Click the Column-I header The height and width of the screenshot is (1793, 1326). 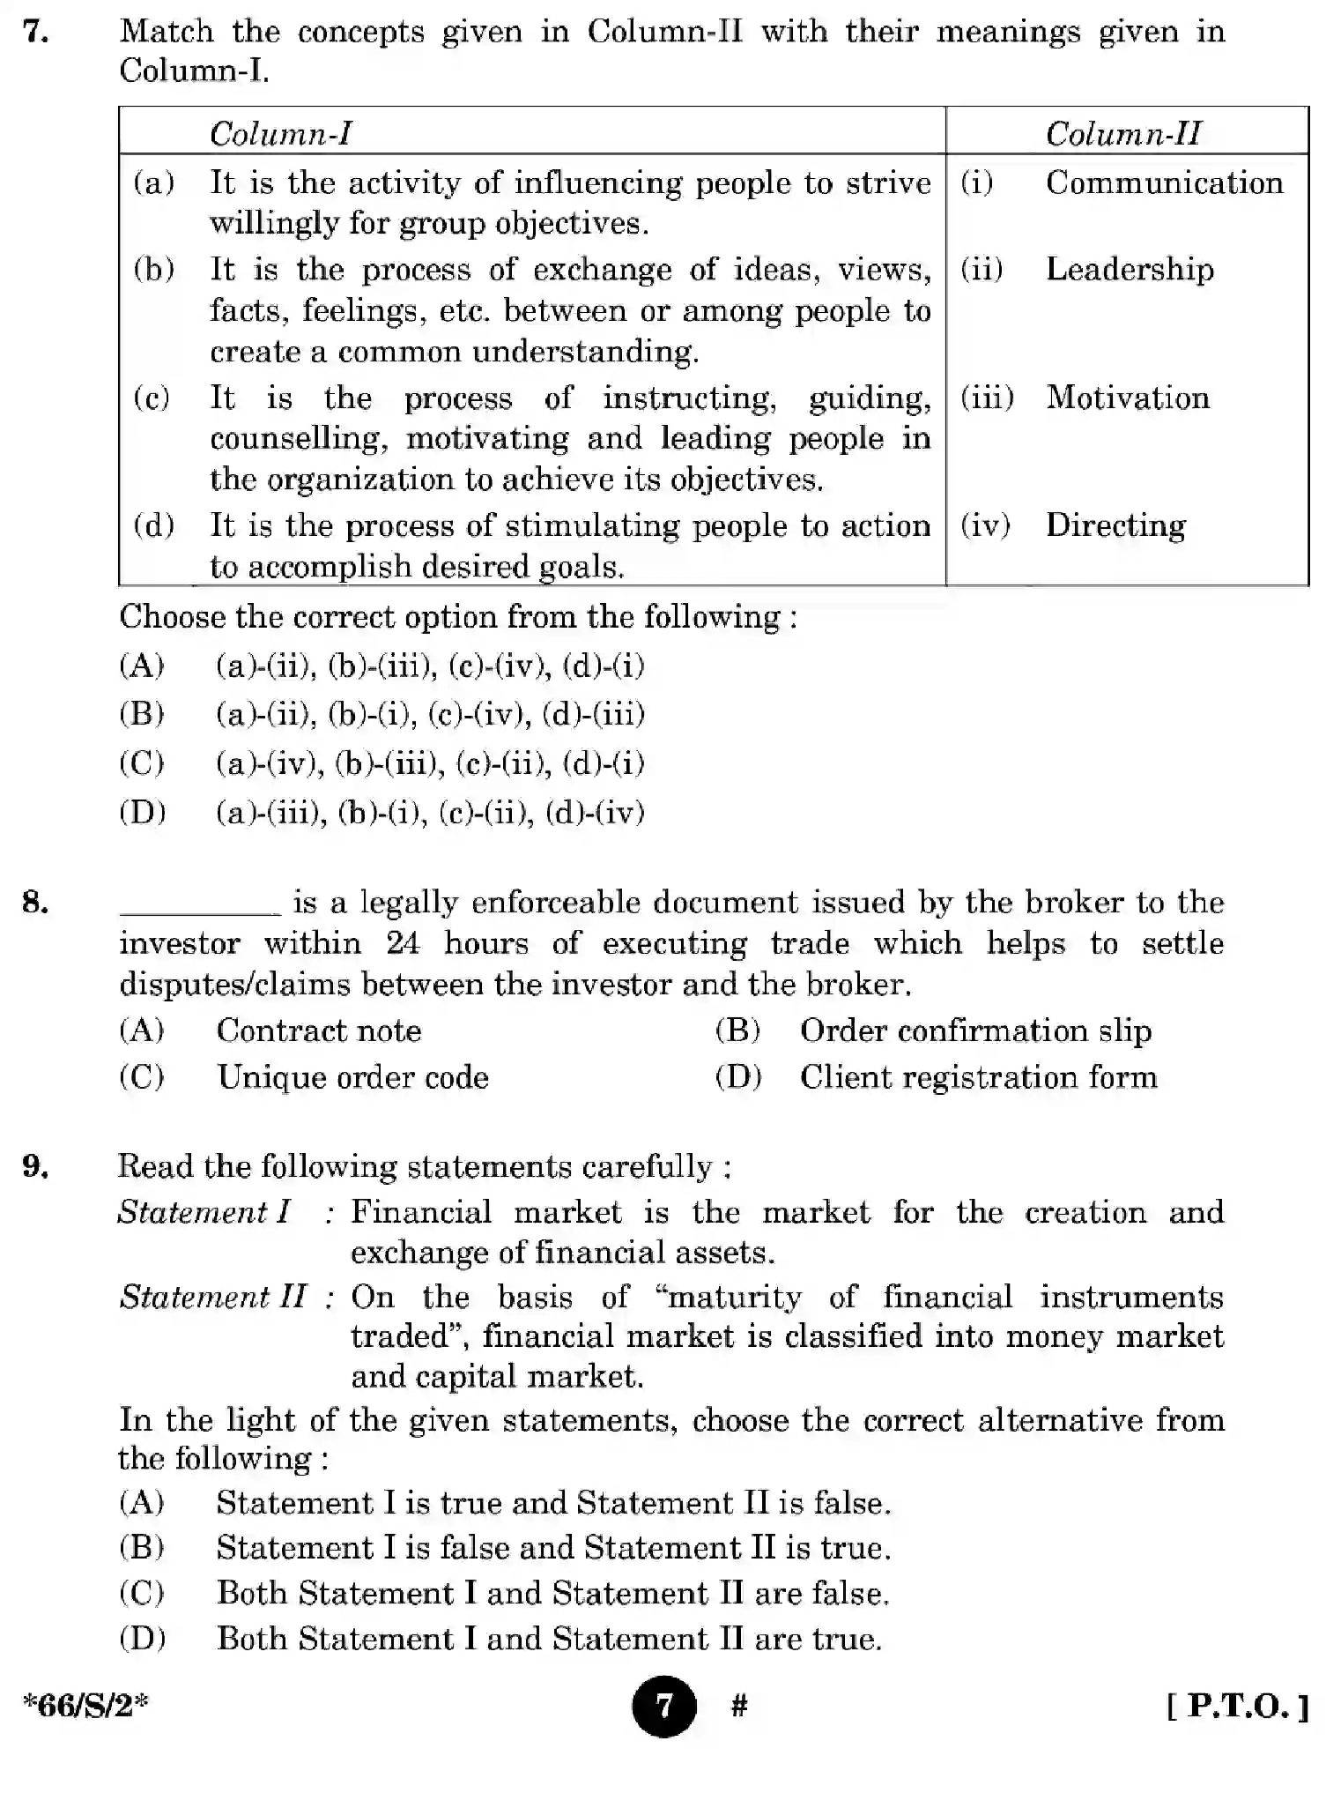pyautogui.click(x=280, y=134)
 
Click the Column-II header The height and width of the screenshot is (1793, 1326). pyautogui.click(x=1122, y=134)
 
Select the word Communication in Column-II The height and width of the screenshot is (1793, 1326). pyautogui.click(x=1164, y=182)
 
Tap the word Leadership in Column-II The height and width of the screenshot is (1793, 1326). pyautogui.click(x=1130, y=269)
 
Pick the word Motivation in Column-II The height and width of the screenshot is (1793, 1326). pyautogui.click(x=1127, y=398)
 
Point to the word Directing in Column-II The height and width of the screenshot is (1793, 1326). pyautogui.click(x=1115, y=525)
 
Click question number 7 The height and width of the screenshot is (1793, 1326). pyautogui.click(x=35, y=32)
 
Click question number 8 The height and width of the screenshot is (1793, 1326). pyautogui.click(x=35, y=902)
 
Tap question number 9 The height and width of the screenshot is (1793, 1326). pyautogui.click(x=35, y=1166)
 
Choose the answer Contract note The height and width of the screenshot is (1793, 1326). pyautogui.click(x=318, y=1030)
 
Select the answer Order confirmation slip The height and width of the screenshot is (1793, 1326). pyautogui.click(x=975, y=1030)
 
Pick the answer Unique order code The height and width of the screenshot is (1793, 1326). pyautogui.click(x=352, y=1077)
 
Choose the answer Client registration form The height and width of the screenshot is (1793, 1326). pyautogui.click(x=978, y=1077)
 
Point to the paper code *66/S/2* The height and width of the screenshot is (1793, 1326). pyautogui.click(x=85, y=1706)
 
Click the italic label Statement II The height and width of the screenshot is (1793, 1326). pyautogui.click(x=212, y=1297)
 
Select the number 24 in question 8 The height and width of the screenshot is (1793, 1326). pyautogui.click(x=403, y=943)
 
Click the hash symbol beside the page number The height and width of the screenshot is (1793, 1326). pyautogui.click(x=739, y=1707)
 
